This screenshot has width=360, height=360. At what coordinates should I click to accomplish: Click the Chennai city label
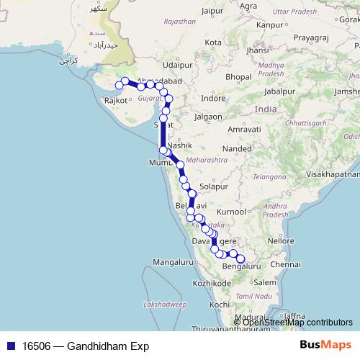click(x=286, y=264)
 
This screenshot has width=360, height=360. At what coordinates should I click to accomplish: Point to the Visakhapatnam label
click(x=332, y=174)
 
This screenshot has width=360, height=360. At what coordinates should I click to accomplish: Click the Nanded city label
click(x=237, y=148)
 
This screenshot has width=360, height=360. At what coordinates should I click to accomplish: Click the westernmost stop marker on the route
click(x=120, y=86)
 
